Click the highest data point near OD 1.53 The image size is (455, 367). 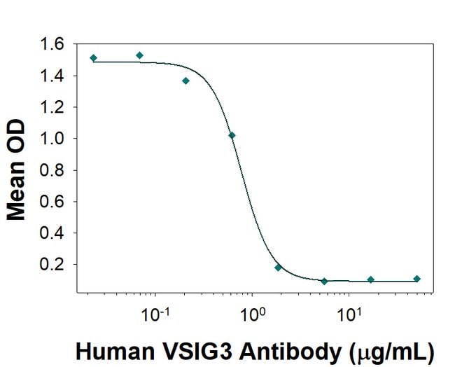click(x=140, y=55)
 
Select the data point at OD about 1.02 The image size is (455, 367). click(x=232, y=135)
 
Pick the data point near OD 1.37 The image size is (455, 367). click(x=185, y=81)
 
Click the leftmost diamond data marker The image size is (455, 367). click(x=94, y=58)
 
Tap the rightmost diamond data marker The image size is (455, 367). click(x=416, y=279)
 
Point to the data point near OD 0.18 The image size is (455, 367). click(x=278, y=268)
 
